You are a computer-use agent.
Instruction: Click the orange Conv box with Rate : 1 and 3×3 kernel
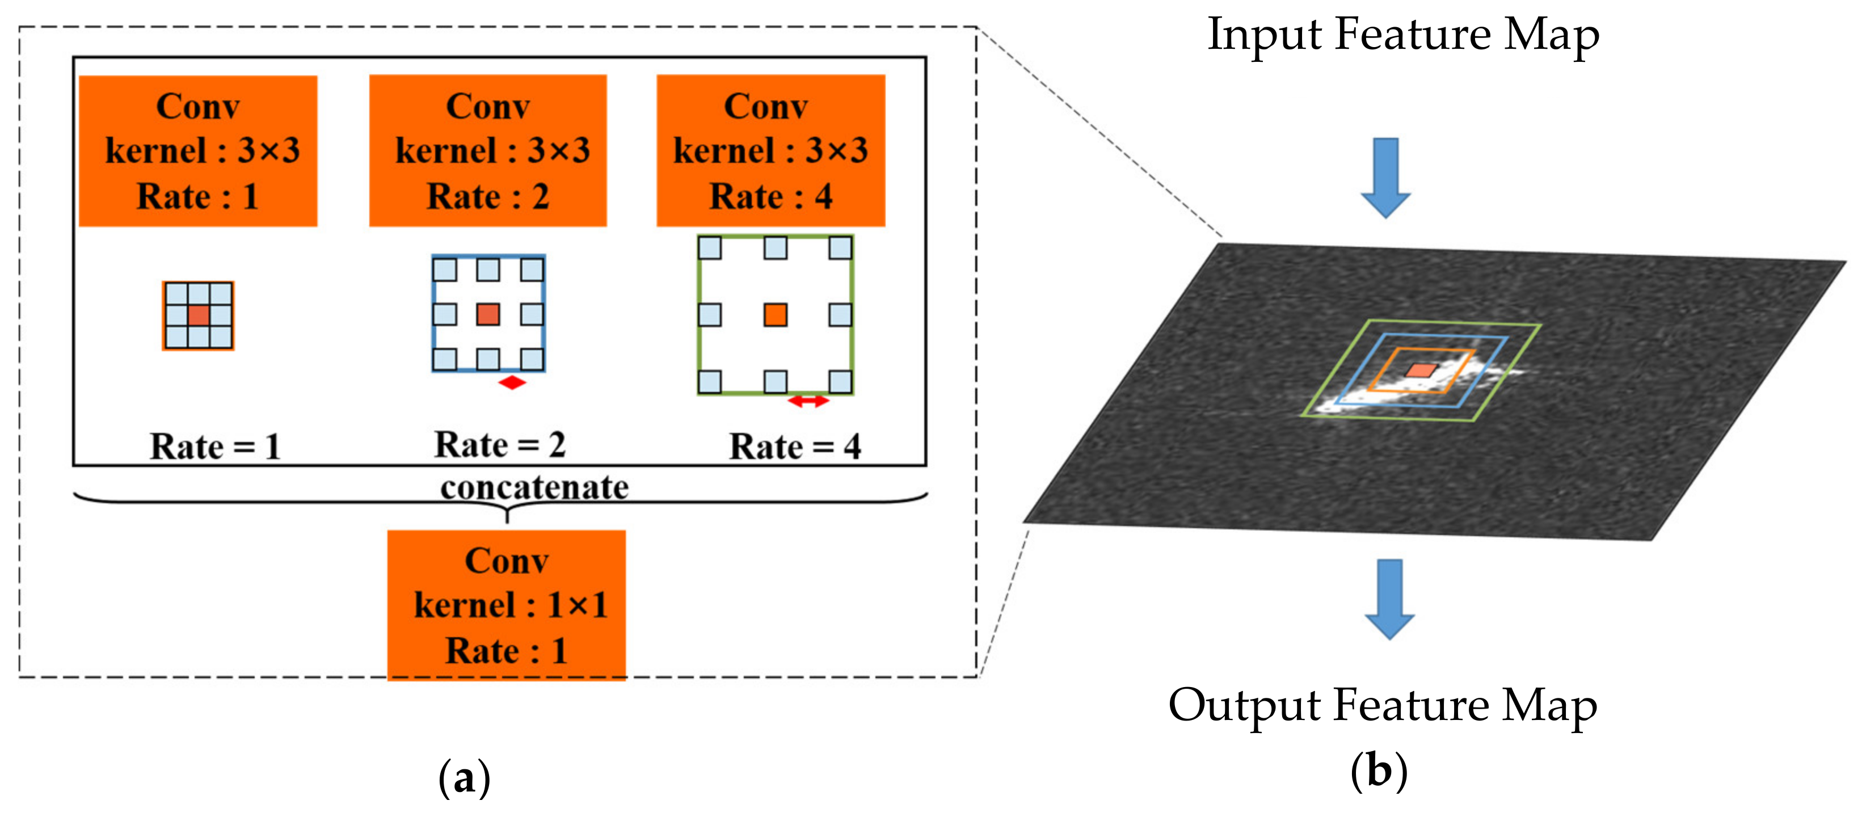pyautogui.click(x=197, y=150)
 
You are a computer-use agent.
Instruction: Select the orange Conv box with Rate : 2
pyautogui.click(x=488, y=150)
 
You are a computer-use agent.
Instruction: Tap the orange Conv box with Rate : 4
pyautogui.click(x=770, y=150)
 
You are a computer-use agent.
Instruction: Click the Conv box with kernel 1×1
pyautogui.click(x=506, y=605)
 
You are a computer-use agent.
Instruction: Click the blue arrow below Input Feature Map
pyautogui.click(x=1385, y=177)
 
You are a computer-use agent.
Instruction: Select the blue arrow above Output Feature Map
pyautogui.click(x=1389, y=597)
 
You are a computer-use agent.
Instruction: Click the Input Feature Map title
pyautogui.click(x=1403, y=35)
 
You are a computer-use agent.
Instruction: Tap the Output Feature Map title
pyautogui.click(x=1382, y=705)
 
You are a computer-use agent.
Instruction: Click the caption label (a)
pyautogui.click(x=464, y=778)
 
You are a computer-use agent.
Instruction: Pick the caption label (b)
pyautogui.click(x=1379, y=771)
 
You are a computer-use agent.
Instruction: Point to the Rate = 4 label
pyautogui.click(x=794, y=446)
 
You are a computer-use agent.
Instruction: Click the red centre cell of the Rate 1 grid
pyautogui.click(x=199, y=315)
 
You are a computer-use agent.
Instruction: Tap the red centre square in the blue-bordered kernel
pyautogui.click(x=488, y=314)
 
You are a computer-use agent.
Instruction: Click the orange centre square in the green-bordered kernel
pyautogui.click(x=775, y=314)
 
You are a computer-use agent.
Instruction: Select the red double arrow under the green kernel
pyautogui.click(x=808, y=401)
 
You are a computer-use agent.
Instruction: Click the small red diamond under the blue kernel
pyautogui.click(x=512, y=382)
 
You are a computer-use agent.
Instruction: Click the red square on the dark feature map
pyautogui.click(x=1421, y=370)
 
